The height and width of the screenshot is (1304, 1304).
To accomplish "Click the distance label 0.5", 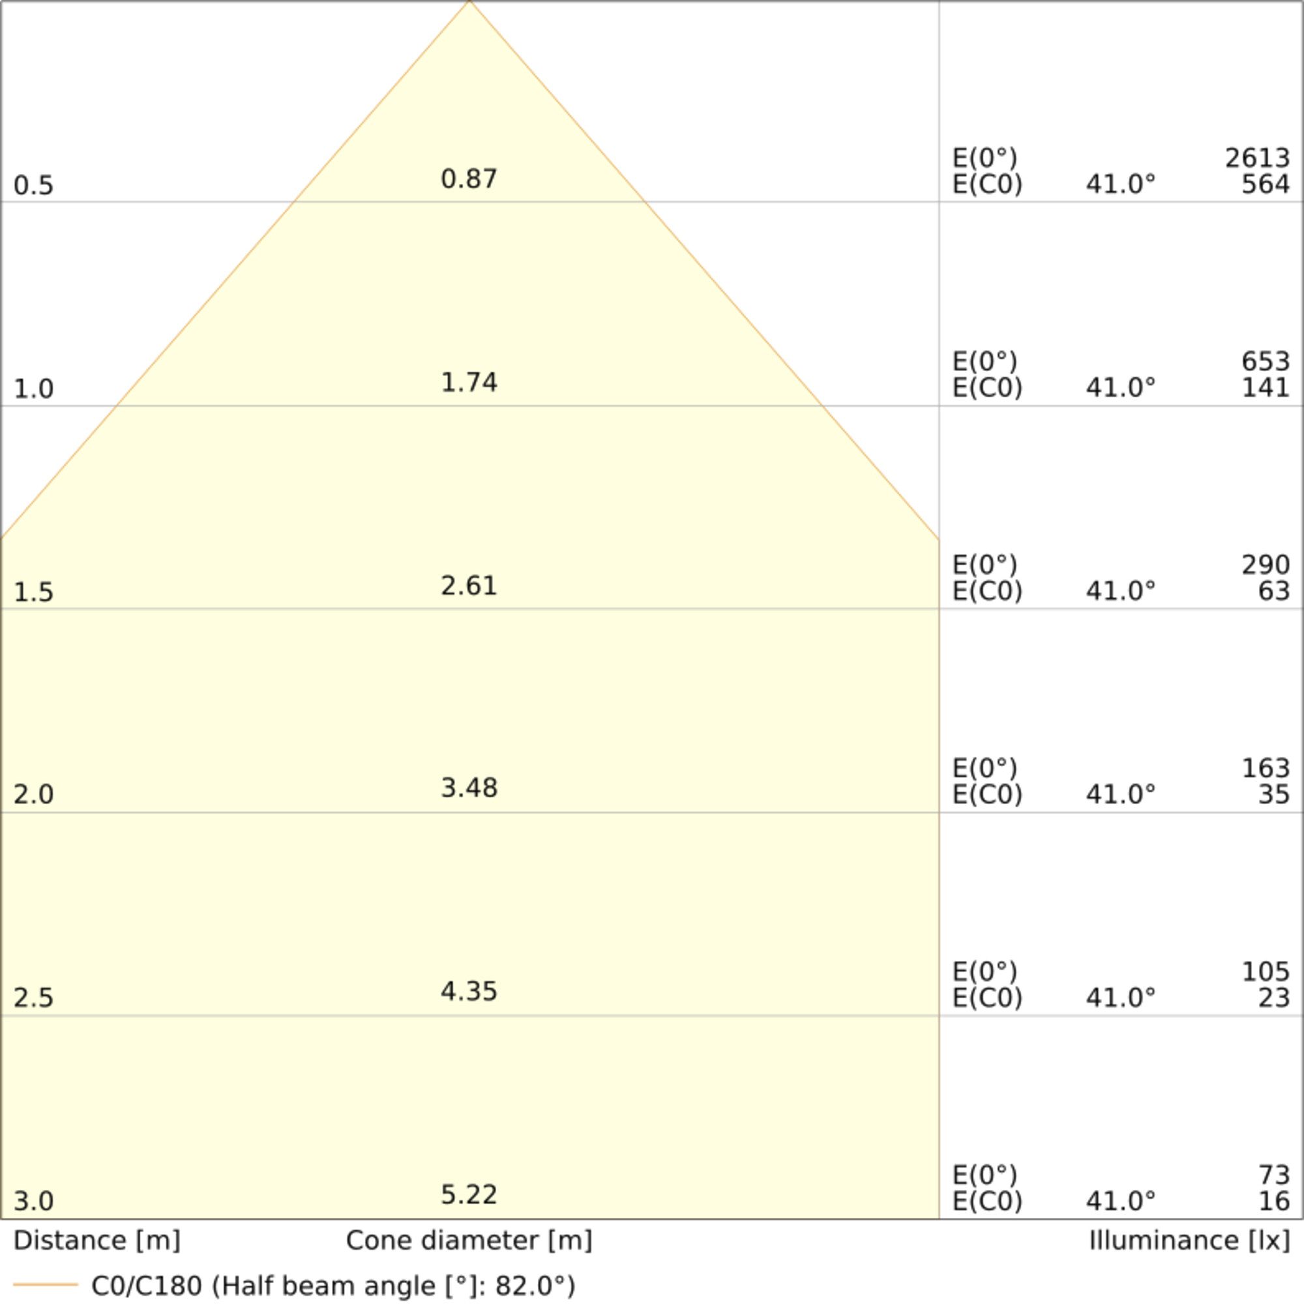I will click(33, 186).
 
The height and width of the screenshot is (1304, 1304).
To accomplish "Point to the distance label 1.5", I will click(33, 593).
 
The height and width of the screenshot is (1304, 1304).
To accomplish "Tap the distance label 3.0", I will click(33, 1202).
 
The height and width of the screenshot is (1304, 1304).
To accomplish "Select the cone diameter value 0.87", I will click(469, 179).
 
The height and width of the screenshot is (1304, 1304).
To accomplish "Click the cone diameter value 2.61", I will click(469, 586).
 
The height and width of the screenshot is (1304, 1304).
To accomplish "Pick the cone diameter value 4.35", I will click(469, 992).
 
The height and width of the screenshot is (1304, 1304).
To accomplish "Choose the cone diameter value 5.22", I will click(469, 1194).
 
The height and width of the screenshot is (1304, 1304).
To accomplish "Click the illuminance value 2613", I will click(1258, 158).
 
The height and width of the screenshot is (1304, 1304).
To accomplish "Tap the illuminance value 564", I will click(1266, 185).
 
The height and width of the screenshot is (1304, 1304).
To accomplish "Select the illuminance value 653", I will click(1266, 362).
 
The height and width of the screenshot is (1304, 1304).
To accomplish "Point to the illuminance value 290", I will click(1266, 565).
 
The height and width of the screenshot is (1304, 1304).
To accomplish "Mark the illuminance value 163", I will click(1266, 768).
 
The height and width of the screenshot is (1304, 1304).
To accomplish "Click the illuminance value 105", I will click(1266, 972).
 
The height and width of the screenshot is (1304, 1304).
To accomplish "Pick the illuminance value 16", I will click(1273, 1202).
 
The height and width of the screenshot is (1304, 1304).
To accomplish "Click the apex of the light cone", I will click(469, 2).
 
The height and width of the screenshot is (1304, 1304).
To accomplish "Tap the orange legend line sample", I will click(45, 1284).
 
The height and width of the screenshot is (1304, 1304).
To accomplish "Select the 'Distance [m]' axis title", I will click(96, 1241).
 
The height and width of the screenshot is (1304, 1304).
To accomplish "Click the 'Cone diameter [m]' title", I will click(469, 1241).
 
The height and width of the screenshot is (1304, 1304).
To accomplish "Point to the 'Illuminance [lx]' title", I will click(1189, 1241).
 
